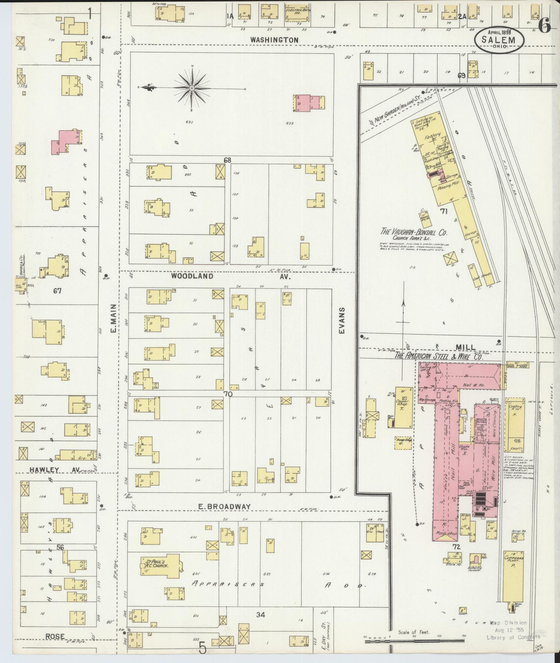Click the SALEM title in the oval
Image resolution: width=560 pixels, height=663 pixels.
500,39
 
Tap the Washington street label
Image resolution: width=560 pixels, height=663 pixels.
274,40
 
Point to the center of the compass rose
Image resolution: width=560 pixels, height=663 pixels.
192,88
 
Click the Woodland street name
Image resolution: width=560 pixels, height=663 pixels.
192,276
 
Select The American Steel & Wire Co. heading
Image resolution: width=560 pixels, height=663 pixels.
439,356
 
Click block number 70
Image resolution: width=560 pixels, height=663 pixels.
228,394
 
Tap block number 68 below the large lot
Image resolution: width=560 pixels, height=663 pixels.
227,160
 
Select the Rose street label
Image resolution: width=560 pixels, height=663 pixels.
55,636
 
